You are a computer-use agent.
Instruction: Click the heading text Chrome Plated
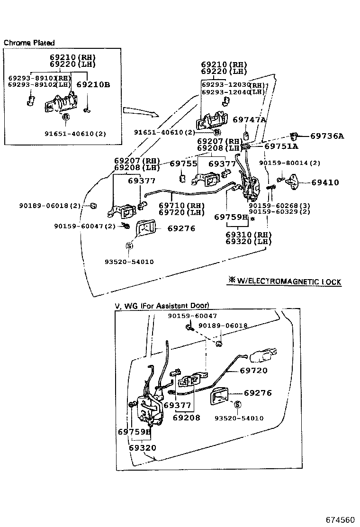[29, 43]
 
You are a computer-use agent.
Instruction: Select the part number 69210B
[93, 85]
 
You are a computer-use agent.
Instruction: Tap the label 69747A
[249, 120]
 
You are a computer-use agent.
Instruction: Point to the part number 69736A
[327, 136]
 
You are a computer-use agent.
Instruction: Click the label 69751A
[281, 146]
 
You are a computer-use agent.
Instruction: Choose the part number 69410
[325, 182]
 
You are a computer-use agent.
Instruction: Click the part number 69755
[183, 164]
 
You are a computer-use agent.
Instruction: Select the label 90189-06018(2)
[50, 206]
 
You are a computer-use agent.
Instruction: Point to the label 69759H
[231, 217]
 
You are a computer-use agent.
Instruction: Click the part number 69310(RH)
[248, 235]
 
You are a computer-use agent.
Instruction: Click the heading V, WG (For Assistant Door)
[162, 306]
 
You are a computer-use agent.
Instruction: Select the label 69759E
[134, 432]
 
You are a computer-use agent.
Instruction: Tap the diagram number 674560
[340, 519]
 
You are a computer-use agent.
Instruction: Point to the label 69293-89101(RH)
[39, 78]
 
